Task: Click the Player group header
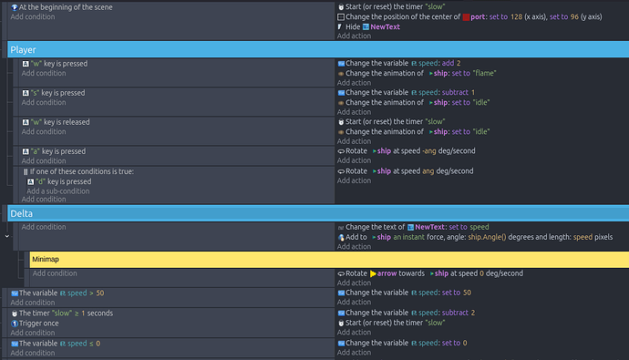tap(23, 49)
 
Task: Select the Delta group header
tap(21, 213)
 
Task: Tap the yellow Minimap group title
tap(46, 260)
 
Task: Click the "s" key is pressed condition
tap(57, 93)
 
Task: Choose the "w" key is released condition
tap(60, 121)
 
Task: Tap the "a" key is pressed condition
tap(57, 151)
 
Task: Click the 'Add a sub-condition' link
tap(57, 191)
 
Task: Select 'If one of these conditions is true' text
tap(83, 171)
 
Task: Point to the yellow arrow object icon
tap(374, 273)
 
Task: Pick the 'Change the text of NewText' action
tap(418, 227)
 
